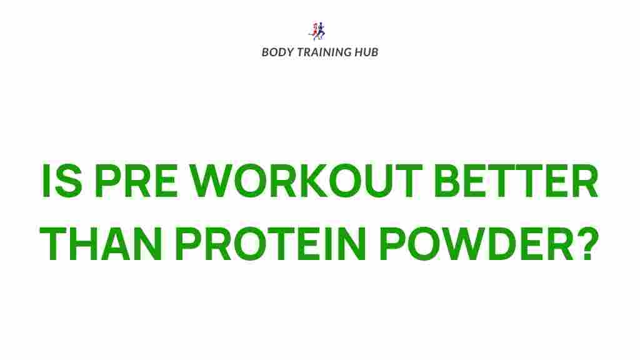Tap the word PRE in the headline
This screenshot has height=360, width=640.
pos(136,181)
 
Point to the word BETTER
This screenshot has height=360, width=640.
pos(516,181)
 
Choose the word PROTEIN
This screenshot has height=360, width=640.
pos(271,244)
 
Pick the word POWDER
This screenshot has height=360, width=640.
pos(477,244)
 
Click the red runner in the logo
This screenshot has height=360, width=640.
pos(314,31)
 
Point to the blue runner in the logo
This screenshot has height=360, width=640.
pos(321,30)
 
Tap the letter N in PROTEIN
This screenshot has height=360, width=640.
pos(351,244)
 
